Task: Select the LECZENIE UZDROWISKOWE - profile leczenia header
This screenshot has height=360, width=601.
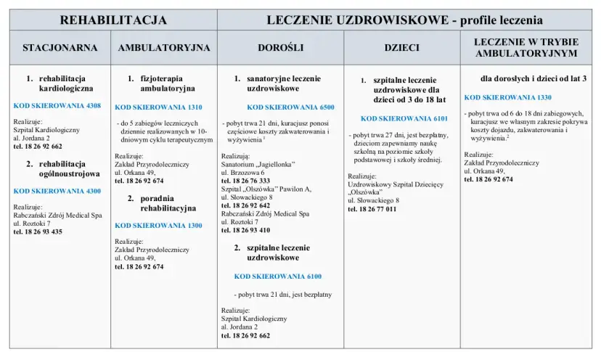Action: (x=404, y=20)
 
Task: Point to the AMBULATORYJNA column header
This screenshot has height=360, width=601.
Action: (x=164, y=48)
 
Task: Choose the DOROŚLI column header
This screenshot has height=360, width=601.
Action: (x=280, y=48)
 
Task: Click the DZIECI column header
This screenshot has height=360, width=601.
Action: (x=401, y=48)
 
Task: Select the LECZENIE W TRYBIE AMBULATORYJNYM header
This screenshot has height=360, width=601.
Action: (x=526, y=48)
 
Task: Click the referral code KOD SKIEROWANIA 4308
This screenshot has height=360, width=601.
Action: (x=57, y=106)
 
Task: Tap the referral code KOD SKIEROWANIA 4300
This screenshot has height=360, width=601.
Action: (x=57, y=191)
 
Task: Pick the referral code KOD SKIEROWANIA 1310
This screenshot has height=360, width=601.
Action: (x=158, y=107)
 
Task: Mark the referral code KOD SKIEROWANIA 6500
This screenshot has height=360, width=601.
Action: (x=290, y=107)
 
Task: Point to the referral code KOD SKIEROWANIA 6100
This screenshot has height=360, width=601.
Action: (x=277, y=277)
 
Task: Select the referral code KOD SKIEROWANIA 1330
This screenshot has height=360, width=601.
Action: (x=508, y=97)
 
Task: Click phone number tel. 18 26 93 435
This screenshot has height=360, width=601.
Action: (x=38, y=232)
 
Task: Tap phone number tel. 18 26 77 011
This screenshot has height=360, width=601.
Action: (x=372, y=209)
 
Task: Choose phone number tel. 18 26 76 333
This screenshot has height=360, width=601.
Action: (x=245, y=180)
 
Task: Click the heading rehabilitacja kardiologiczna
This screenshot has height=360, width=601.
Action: (x=65, y=83)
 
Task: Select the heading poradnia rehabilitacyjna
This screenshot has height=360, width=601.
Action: (x=168, y=203)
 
